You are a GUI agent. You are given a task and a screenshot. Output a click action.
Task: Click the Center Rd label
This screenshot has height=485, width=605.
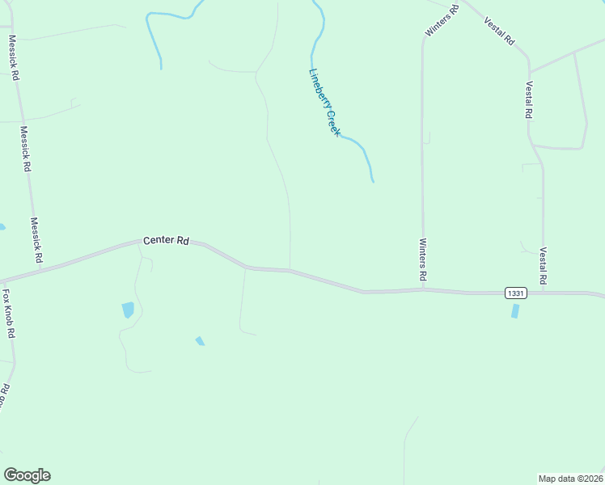166,241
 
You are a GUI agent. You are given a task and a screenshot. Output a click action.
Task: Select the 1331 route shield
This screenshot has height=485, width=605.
516,293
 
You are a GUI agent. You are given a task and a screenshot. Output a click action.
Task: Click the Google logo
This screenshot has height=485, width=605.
27,475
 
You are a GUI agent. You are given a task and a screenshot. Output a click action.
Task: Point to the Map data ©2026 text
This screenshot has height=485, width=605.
570,478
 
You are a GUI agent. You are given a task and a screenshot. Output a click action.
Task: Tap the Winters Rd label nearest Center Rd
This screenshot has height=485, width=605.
422,260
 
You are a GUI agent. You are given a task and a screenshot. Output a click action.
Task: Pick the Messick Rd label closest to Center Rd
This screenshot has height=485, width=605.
36,240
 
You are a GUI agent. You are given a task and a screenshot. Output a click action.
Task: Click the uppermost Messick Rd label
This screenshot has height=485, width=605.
13,57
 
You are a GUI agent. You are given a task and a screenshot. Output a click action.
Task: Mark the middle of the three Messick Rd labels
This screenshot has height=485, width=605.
25,149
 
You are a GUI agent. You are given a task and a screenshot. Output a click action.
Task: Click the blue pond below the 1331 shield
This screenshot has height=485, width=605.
515,311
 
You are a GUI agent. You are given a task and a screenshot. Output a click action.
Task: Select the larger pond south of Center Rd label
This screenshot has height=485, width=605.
128,310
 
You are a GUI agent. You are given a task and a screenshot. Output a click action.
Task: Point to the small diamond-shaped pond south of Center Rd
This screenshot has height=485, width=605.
200,341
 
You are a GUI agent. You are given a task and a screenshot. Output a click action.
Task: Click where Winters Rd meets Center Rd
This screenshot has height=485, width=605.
423,289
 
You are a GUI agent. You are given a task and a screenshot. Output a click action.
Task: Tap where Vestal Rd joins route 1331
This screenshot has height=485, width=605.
544,292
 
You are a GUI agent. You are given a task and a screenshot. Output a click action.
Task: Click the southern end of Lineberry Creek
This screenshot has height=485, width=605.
373,181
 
